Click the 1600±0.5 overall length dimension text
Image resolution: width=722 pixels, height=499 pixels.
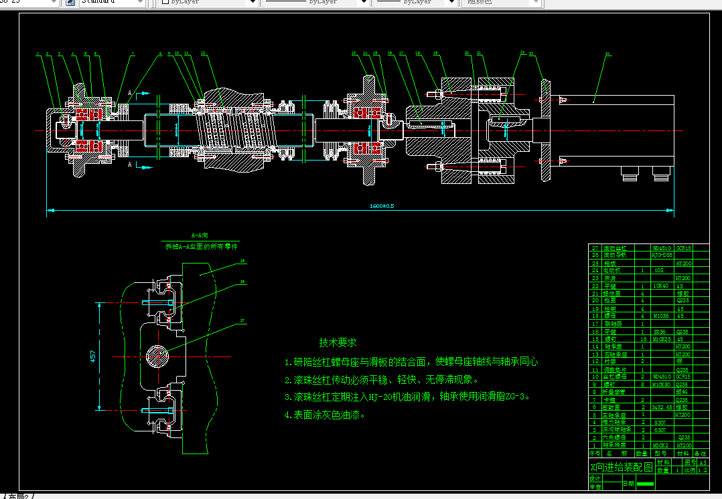(x=381, y=206)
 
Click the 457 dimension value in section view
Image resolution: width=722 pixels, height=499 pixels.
(x=92, y=357)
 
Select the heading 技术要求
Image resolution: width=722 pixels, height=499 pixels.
(x=338, y=342)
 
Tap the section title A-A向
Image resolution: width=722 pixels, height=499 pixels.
(x=200, y=235)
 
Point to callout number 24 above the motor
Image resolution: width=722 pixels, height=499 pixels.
(x=607, y=53)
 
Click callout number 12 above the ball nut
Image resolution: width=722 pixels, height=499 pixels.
(x=203, y=53)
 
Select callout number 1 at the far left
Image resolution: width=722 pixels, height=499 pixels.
(x=38, y=53)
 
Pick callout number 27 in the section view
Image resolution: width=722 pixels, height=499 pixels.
(x=242, y=321)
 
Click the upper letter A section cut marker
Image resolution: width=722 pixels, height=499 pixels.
(x=129, y=93)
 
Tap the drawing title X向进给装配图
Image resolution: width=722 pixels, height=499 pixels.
(x=620, y=467)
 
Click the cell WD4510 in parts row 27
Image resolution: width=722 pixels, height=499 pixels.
(x=662, y=247)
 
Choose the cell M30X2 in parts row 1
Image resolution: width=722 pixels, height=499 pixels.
(x=660, y=445)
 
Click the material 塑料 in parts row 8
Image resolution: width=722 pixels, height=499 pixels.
(x=682, y=391)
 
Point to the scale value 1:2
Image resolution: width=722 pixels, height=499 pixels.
(x=702, y=470)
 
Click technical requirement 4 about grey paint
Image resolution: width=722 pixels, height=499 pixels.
(x=325, y=415)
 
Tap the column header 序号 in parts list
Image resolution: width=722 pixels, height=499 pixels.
(x=594, y=453)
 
